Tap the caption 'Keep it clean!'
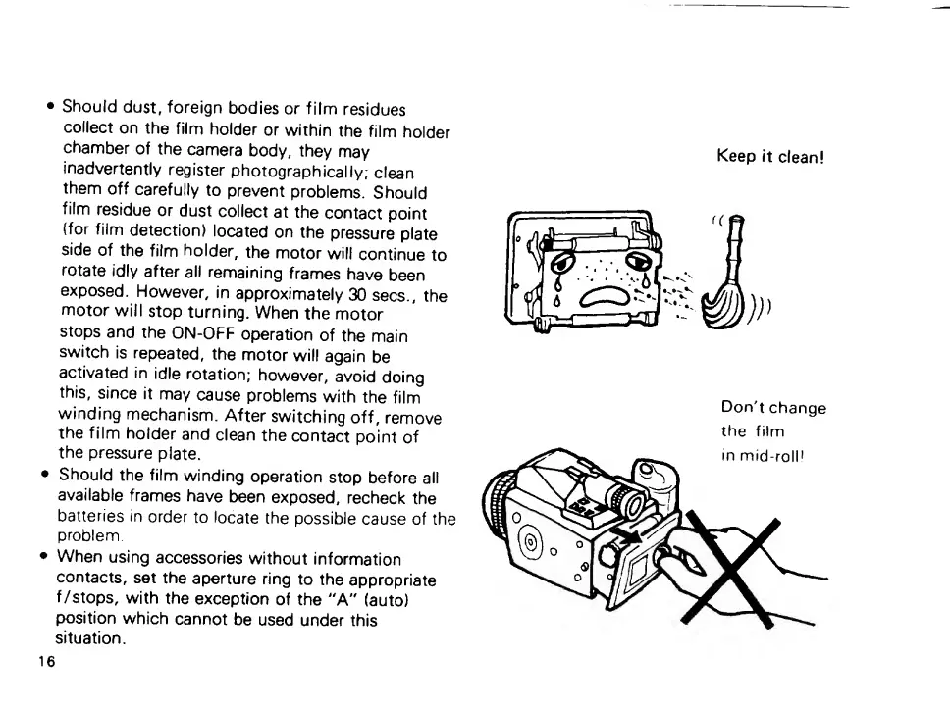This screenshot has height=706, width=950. [768, 157]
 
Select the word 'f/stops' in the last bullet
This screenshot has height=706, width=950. [92, 601]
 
